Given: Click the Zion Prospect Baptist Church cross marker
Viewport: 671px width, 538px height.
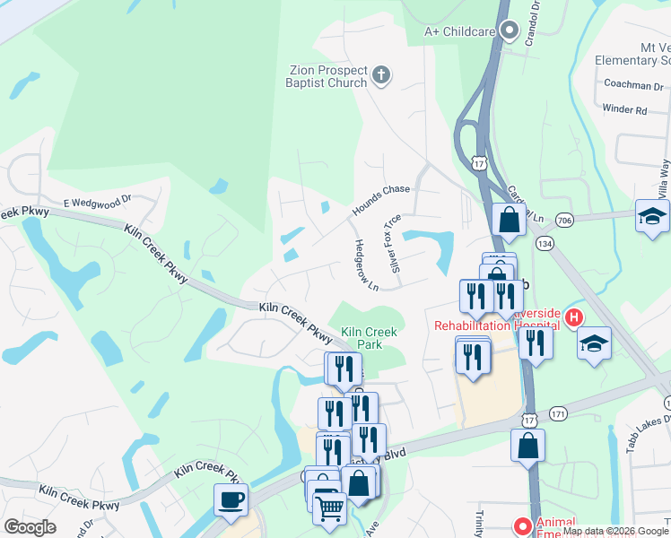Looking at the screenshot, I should pos(381,75).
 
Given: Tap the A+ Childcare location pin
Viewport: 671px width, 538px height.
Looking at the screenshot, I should pos(510,31).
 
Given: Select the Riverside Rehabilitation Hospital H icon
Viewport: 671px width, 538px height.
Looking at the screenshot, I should pos(571,317).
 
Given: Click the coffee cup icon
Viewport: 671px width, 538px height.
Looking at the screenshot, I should pos(231,499).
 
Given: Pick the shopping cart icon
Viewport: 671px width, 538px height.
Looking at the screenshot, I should pos(329,508).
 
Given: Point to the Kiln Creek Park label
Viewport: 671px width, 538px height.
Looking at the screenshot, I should pos(369,338).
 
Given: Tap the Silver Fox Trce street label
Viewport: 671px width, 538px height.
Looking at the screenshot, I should pos(392,243).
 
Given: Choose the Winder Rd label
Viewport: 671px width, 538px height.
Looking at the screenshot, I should pos(624,109).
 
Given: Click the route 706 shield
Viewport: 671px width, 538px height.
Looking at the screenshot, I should pos(563,221).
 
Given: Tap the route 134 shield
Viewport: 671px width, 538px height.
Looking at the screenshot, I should pos(544,243).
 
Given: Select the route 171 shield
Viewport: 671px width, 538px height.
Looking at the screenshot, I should pos(559,413).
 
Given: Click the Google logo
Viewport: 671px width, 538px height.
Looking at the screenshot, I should pos(30,526).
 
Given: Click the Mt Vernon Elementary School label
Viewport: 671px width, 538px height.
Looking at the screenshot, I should pos(632,54).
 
